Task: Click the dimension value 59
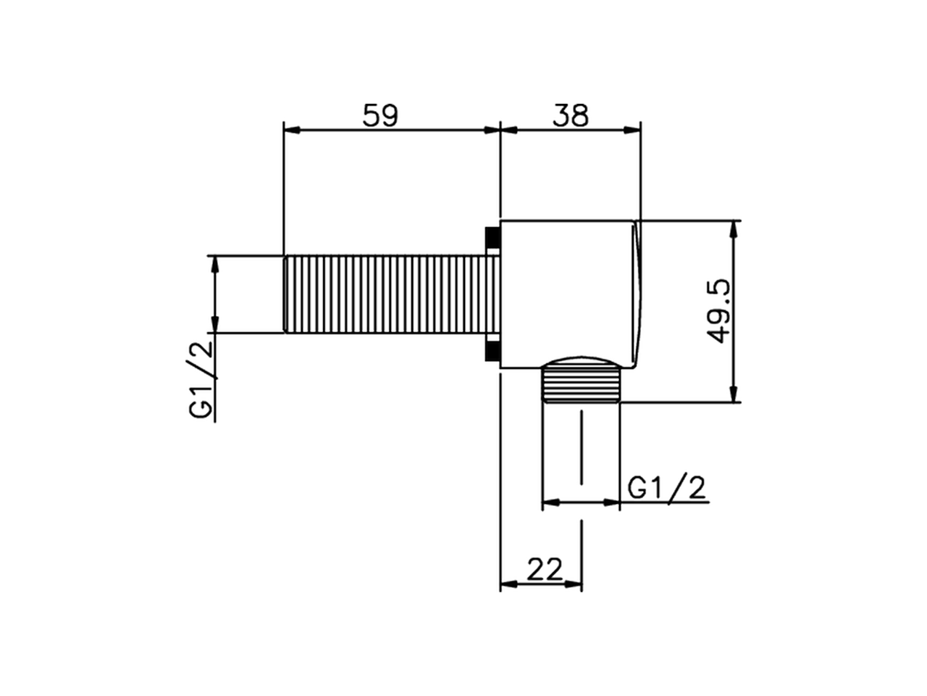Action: coord(380,116)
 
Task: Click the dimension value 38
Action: coord(571,116)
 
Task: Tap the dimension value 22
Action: coord(545,570)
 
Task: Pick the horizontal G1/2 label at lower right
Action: coord(666,488)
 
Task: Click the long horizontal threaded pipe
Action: coord(384,294)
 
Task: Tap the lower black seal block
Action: coord(492,351)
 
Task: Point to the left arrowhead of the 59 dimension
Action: coord(292,130)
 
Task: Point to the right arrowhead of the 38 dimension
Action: coord(633,130)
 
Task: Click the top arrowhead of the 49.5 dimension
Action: coord(735,229)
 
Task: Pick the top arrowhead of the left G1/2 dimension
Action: coord(214,265)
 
